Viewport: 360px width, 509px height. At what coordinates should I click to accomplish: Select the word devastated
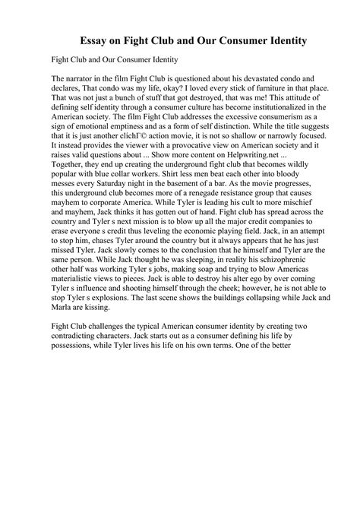click(x=264, y=78)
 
